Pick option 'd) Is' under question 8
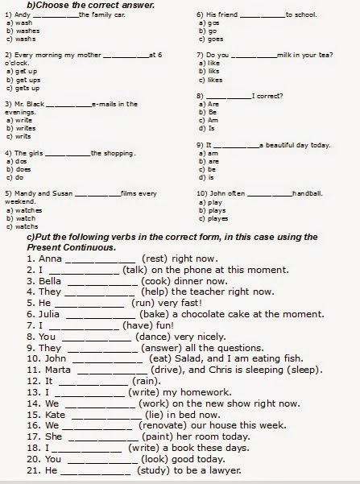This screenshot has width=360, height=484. pyautogui.click(x=211, y=127)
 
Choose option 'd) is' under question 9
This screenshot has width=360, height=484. pyautogui.click(x=210, y=176)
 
